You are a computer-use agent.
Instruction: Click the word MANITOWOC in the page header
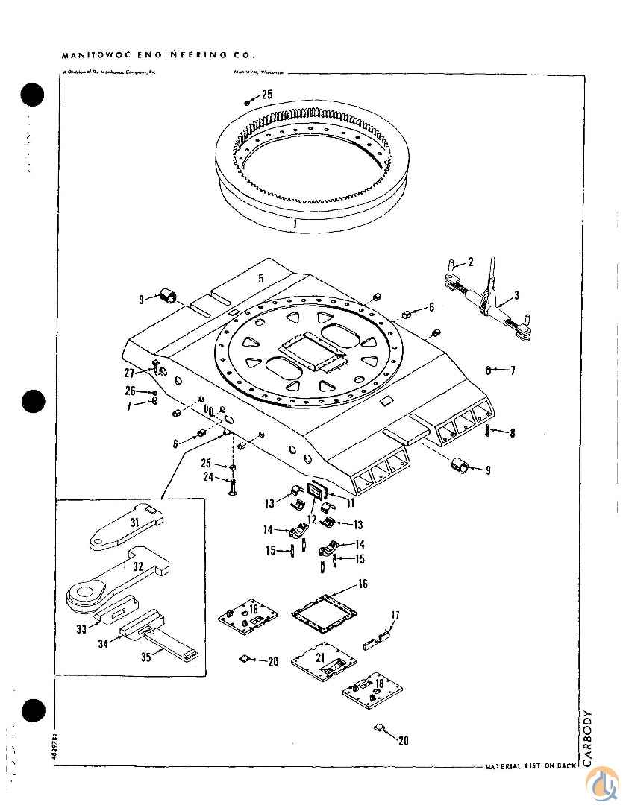coord(93,54)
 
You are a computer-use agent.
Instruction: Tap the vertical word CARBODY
coord(589,739)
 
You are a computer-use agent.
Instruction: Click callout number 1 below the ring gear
coord(295,222)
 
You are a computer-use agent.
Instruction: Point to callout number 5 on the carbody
coord(260,279)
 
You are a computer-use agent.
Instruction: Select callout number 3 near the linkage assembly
coord(516,296)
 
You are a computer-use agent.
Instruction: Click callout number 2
coord(471,262)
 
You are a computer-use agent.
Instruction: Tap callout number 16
coord(363,584)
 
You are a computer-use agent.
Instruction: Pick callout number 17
coord(395,615)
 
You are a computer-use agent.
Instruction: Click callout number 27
coord(129,373)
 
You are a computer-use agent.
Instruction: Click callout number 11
coord(350,502)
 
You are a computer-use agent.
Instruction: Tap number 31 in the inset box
coord(135,523)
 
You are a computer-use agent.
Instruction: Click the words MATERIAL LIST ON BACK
coord(530,765)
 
